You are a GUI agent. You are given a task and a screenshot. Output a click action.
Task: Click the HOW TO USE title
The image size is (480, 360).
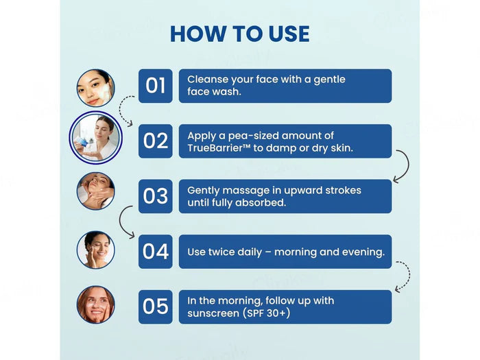pos(239,34)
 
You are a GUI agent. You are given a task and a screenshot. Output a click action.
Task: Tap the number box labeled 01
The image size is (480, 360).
pos(156,86)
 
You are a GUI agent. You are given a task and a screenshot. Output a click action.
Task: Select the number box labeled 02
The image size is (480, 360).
pos(156,141)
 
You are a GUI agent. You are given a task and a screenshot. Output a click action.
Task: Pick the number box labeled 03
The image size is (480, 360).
pos(156,196)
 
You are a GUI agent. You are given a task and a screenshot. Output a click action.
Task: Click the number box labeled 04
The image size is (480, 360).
pos(156,252)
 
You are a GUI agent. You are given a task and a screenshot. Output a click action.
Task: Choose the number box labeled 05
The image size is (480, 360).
pos(156,307)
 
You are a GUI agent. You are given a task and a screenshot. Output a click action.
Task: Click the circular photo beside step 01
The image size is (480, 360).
pos(96,88)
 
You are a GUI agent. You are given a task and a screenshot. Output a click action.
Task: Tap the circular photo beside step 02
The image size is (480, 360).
pos(96,139)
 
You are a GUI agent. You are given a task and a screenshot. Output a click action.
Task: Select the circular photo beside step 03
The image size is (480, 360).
pos(96,191)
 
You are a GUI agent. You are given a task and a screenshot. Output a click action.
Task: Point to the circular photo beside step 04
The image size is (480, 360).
pos(96,250)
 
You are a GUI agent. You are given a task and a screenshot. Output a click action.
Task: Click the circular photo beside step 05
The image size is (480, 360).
pos(96,304)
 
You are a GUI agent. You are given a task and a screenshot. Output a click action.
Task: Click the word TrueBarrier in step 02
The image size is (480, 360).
pos(217,148)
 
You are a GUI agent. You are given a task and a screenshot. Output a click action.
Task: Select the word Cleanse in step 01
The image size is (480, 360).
pos(208,80)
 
